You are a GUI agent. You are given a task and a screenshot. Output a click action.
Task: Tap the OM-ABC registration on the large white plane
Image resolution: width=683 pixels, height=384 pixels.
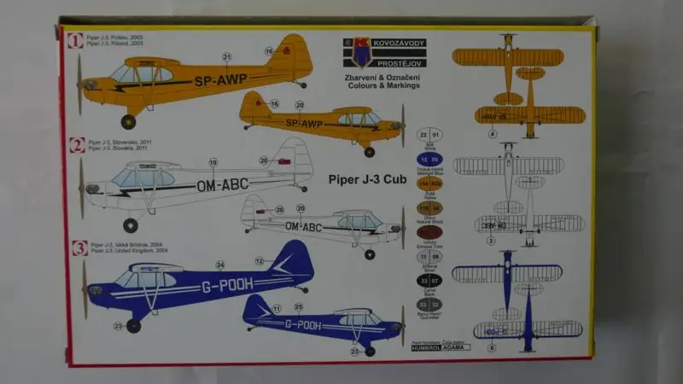[x=227, y=184]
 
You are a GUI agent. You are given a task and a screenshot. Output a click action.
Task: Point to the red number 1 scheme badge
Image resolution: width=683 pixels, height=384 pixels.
[x=76, y=40]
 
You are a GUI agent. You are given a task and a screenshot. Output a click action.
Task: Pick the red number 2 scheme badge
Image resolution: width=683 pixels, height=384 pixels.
[x=77, y=145]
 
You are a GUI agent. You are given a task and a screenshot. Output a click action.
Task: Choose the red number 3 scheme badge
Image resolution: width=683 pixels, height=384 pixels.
[x=78, y=249]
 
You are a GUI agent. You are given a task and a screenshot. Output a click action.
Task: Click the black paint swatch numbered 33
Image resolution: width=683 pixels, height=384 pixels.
[x=429, y=280]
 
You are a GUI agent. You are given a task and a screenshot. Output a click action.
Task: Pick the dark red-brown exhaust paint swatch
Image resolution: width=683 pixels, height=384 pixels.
[x=429, y=231]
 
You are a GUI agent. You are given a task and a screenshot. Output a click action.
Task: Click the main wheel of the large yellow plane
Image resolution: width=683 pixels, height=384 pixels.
[x=128, y=121]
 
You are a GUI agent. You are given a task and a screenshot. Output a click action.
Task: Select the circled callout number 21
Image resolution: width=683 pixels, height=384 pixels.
[x=226, y=57]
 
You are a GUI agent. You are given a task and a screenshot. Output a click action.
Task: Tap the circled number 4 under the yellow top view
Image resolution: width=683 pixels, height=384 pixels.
[x=516, y=133]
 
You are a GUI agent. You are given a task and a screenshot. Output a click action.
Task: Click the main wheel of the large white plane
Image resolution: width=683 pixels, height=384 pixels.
[x=130, y=225]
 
